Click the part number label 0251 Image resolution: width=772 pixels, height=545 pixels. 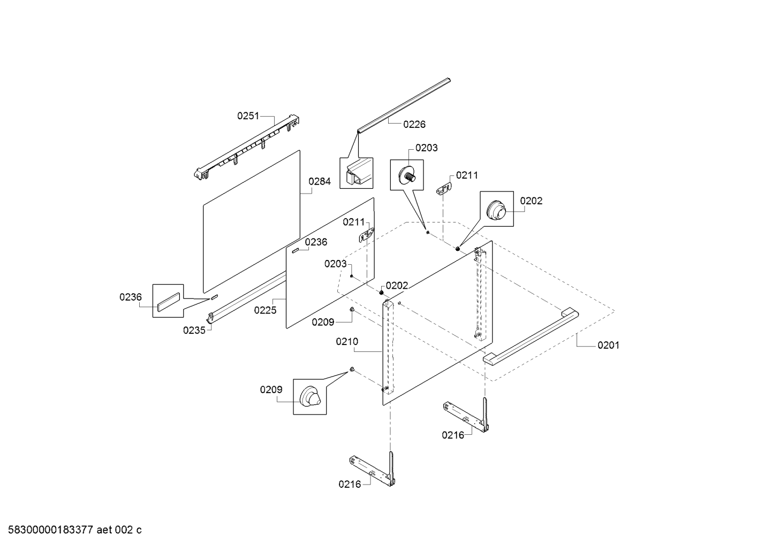coord(248,116)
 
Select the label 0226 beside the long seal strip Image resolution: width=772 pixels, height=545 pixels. coord(414,125)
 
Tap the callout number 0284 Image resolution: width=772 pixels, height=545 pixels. coord(320,181)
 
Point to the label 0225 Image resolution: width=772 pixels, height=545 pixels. coord(265,310)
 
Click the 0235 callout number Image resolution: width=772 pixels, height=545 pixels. coord(194,331)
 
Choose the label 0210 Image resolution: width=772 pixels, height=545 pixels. coord(347,342)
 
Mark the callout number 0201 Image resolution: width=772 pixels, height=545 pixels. coord(608,346)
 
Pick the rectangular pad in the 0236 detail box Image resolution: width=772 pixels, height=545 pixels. coord(168,301)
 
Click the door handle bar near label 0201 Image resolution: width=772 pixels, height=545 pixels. coord(530,336)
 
